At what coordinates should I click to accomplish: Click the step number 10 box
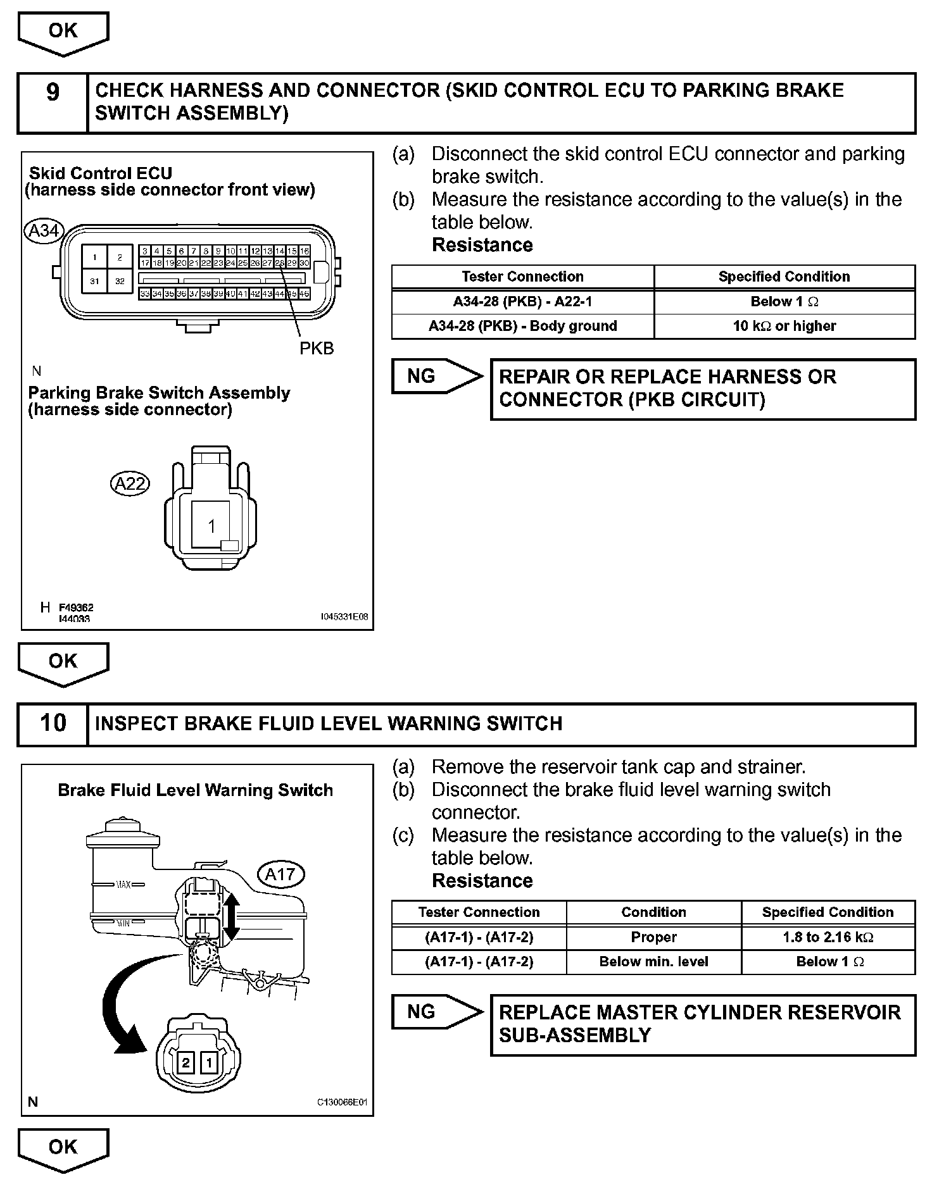[53, 723]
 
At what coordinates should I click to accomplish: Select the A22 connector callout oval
[130, 484]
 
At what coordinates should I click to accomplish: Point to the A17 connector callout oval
[280, 874]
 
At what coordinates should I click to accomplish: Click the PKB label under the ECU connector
[317, 349]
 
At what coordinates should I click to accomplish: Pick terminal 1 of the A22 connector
[211, 526]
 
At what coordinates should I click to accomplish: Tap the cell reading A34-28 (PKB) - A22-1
[522, 302]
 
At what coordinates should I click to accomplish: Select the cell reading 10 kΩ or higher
[784, 327]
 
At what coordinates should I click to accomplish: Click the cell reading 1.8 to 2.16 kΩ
[828, 937]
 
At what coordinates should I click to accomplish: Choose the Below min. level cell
[653, 962]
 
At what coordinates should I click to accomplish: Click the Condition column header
[653, 912]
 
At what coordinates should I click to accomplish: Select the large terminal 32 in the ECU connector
[120, 281]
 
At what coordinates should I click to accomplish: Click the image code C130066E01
[342, 1102]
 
